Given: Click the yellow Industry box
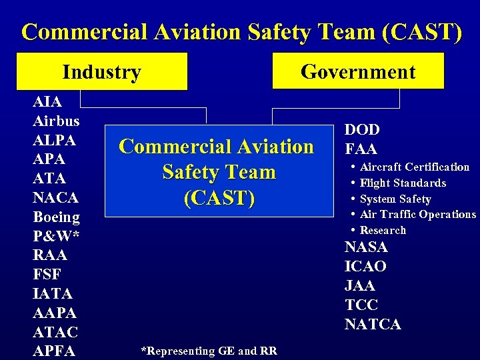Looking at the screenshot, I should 102,71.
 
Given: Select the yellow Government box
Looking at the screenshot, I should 358,71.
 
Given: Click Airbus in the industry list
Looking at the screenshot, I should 56,121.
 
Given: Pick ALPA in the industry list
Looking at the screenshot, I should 54,141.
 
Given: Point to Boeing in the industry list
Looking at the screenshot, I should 56,217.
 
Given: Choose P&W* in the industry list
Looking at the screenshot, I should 53,236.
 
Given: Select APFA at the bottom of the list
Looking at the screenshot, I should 55,351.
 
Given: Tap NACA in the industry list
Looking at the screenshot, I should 55,198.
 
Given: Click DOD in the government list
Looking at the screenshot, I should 362,130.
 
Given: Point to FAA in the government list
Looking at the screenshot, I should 361,149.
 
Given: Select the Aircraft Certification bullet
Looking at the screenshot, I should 414,167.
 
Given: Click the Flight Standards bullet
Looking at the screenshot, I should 403,183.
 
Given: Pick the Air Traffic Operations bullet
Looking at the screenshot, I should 417,214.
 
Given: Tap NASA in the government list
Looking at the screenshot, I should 366,247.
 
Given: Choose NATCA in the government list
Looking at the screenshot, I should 373,325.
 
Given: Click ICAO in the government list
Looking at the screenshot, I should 365,267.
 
